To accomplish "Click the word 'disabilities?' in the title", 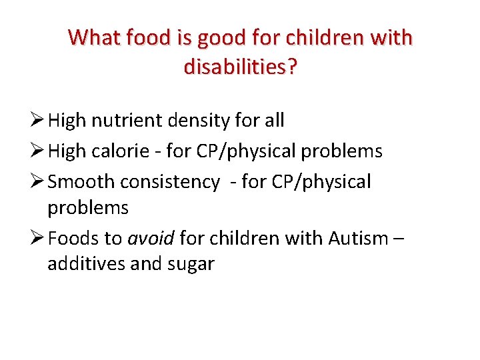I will click(240, 67).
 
